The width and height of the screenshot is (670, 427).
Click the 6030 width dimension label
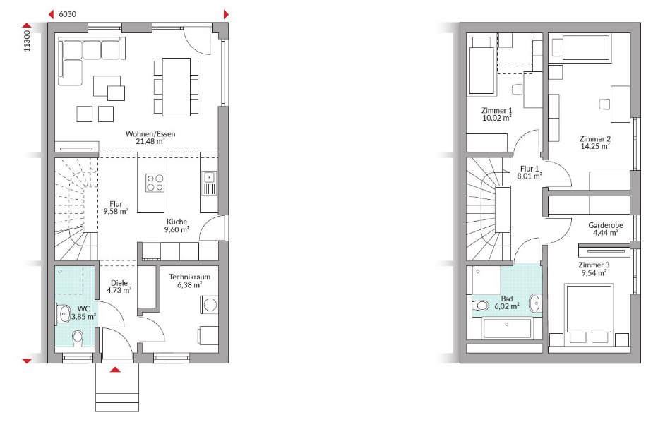pos(67,14)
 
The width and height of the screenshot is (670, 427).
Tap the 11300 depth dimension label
pos(27,41)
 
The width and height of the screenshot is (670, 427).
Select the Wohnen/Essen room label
pos(150,133)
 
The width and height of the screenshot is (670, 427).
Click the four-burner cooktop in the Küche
pos(155,182)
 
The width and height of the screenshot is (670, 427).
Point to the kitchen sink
pos(210,183)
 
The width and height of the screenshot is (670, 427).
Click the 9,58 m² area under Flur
pos(116,211)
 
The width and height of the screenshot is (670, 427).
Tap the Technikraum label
pos(189,277)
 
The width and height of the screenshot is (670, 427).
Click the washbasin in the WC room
pos(64,314)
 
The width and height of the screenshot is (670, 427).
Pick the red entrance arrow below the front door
pos(115,369)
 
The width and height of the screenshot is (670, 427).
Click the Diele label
pos(119,283)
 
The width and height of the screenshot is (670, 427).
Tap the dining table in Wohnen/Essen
pos(176,87)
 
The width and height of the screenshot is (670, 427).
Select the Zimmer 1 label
pos(496,111)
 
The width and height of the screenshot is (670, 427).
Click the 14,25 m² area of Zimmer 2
pos(594,146)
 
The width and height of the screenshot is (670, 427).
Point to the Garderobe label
pos(606,225)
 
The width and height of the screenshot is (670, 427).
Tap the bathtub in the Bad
pos(507,328)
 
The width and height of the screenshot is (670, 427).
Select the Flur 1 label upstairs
pos(530,169)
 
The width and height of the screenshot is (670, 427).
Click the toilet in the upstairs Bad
pos(481,306)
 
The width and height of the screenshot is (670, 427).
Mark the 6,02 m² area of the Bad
pos(507,306)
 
